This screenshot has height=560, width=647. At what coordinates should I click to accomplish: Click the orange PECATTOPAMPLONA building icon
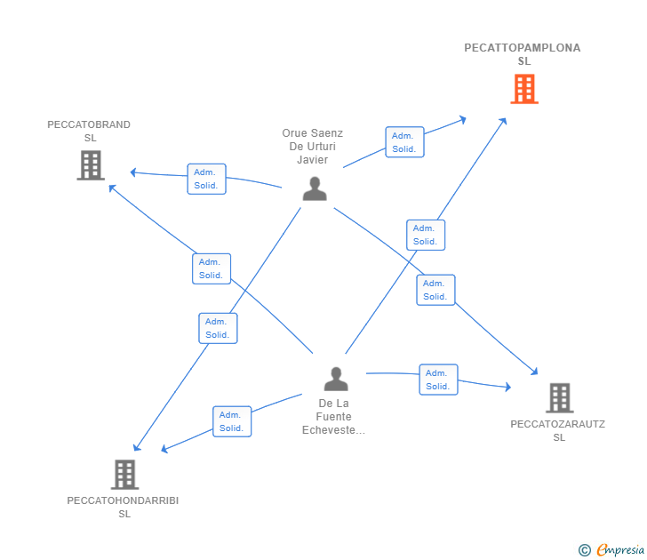(524, 89)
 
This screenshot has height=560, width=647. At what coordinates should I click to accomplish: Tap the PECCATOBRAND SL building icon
(91, 165)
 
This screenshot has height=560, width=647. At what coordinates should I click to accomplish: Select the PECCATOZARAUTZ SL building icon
(560, 398)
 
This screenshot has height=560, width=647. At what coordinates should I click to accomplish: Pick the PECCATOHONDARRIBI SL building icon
(124, 475)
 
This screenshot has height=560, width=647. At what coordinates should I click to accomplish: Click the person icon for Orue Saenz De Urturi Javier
(315, 188)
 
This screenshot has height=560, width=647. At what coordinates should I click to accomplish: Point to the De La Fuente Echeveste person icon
(336, 379)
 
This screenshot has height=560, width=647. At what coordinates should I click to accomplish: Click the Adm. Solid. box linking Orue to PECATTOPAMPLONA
(404, 142)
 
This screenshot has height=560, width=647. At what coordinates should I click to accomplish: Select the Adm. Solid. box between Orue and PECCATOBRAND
(207, 179)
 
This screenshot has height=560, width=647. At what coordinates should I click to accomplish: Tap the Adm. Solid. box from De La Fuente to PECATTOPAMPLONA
(426, 236)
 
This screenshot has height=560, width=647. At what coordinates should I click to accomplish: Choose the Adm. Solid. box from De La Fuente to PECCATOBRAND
(212, 268)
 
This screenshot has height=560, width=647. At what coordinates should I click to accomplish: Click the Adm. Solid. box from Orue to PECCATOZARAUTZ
(435, 290)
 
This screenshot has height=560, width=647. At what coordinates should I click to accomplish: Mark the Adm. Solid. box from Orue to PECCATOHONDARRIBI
(219, 328)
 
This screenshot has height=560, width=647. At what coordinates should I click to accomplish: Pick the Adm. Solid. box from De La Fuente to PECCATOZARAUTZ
(439, 380)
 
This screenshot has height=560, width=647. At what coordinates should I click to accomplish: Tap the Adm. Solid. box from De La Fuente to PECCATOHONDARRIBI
(232, 421)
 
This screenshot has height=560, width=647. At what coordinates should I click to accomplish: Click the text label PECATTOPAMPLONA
(523, 48)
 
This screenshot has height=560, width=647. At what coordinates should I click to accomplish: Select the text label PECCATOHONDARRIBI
(123, 500)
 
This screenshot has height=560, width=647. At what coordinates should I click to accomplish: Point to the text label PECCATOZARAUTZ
(558, 424)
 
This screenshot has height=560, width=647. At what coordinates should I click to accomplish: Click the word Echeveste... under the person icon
(333, 430)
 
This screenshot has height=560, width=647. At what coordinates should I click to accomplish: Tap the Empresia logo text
(620, 550)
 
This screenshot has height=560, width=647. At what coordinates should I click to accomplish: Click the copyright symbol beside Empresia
(585, 550)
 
